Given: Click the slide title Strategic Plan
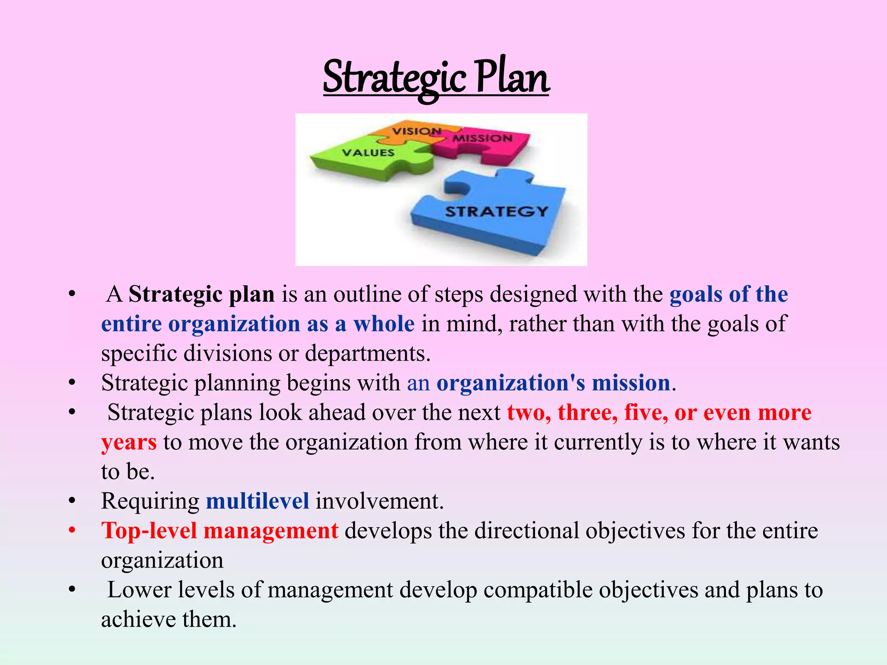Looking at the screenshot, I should [436, 78].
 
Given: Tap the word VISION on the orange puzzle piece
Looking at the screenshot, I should [417, 131].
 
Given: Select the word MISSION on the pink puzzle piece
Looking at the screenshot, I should [482, 139].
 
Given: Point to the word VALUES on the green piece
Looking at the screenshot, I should [368, 152].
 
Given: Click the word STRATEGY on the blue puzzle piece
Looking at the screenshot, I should [497, 212].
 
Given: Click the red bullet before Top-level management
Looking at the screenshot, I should [72, 530].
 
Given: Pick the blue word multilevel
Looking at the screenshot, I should [257, 501].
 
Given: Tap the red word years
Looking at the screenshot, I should [129, 442].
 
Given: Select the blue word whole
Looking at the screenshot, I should [384, 324].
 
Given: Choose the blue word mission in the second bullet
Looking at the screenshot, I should [631, 383].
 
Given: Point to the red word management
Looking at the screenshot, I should [271, 530].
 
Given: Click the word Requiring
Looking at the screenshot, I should [150, 501].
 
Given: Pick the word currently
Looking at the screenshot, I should [598, 442].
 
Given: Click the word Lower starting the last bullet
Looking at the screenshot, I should [139, 590].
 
